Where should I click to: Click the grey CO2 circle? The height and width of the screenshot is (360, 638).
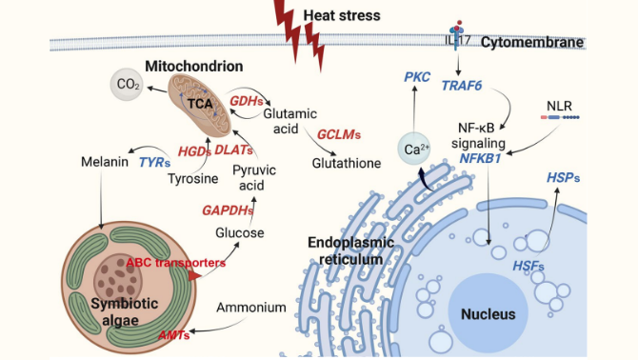pos(127,84)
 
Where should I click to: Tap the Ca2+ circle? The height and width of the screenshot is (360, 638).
pos(414,149)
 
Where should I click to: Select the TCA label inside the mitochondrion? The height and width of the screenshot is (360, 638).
pos(200,103)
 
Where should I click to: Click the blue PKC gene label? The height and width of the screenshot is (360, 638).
pos(417,77)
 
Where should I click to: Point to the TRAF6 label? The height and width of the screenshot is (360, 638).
pos(462,86)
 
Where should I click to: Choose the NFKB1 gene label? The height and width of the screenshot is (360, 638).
pos(480,158)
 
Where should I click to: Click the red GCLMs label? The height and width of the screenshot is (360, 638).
pos(339,134)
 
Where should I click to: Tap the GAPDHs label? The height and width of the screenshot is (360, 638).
pos(228,210)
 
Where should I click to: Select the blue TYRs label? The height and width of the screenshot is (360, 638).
pos(154,163)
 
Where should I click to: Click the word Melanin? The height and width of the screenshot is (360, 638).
pos(105,162)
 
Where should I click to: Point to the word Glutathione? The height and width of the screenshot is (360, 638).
pos(347,163)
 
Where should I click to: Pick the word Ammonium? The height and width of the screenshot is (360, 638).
pos(251,307)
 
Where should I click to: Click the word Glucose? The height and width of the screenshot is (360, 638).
pos(240,232)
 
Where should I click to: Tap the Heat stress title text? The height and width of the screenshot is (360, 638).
pos(342,15)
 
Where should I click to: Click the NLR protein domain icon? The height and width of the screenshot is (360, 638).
pos(560,117)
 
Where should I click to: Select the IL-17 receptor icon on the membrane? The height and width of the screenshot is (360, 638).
pos(456,35)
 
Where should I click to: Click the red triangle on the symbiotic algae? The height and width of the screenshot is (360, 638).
pos(194,276)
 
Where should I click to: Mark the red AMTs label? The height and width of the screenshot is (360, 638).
pos(173,335)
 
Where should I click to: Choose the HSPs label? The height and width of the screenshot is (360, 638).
pos(563,178)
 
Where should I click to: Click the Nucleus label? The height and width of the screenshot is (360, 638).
pos(488,314)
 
